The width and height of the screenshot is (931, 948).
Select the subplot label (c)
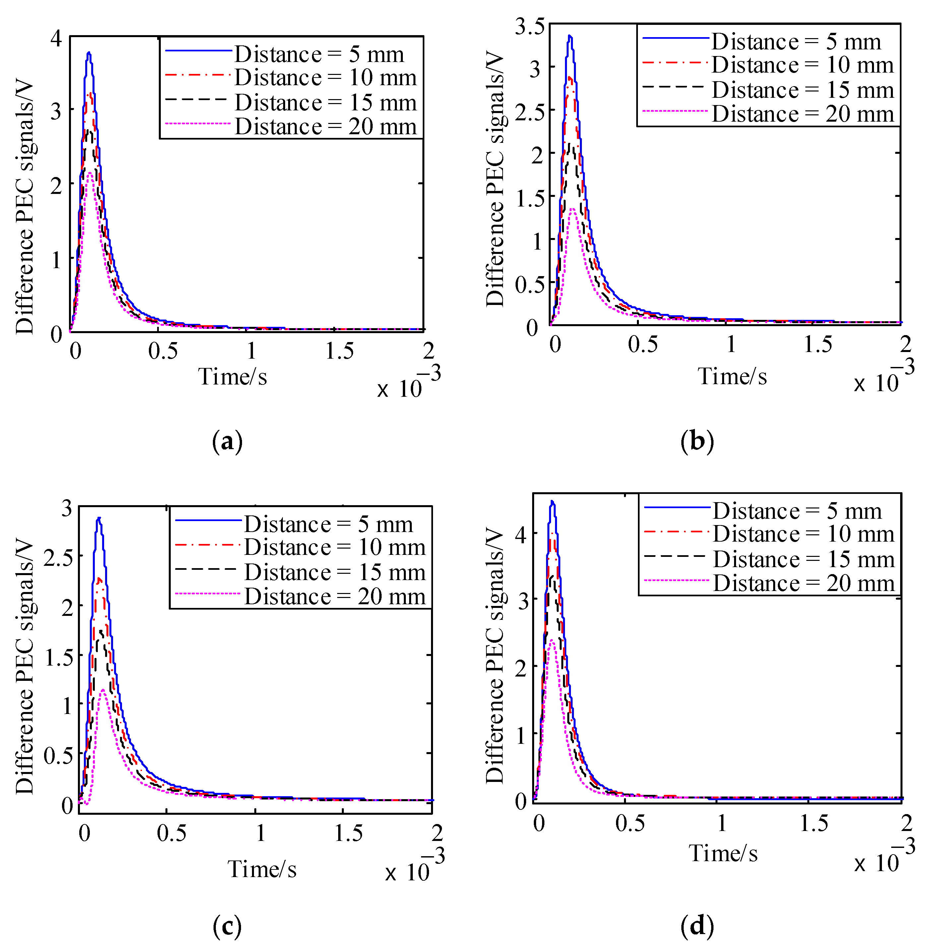point(227,925)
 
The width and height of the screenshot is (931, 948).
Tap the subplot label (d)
point(697,925)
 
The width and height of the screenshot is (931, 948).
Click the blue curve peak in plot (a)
point(89,53)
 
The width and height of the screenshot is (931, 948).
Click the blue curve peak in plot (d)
point(553,502)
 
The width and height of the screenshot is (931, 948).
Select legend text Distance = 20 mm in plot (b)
point(802,114)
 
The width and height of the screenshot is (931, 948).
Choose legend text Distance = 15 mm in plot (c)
point(335,572)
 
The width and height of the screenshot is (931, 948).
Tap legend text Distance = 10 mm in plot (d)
point(803,533)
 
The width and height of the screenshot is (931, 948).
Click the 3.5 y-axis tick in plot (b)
point(529,27)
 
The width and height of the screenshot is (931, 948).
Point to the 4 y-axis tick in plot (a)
point(56,38)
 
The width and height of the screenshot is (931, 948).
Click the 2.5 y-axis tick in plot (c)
point(58,558)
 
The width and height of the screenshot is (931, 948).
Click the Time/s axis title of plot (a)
point(233,377)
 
